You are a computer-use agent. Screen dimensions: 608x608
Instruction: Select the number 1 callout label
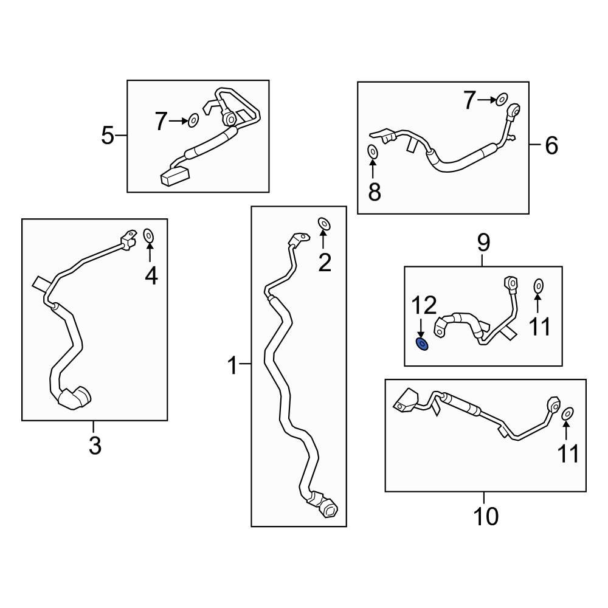232,366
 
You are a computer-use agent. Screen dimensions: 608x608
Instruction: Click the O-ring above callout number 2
324,224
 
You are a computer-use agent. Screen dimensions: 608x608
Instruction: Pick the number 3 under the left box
95,446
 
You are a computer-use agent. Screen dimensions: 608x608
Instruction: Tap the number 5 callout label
108,135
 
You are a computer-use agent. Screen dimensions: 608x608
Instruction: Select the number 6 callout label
551,146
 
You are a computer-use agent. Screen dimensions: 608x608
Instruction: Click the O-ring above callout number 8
373,151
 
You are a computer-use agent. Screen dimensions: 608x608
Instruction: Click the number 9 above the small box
483,243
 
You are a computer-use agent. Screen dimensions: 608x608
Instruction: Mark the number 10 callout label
485,516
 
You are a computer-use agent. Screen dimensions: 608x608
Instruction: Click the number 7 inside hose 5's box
160,122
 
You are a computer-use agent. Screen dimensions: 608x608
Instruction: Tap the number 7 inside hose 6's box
469,100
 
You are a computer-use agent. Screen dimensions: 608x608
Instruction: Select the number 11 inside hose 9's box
539,326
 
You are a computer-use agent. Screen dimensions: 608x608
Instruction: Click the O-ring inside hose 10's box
567,413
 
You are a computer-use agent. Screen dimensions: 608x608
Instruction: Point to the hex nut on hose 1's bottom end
329,508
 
